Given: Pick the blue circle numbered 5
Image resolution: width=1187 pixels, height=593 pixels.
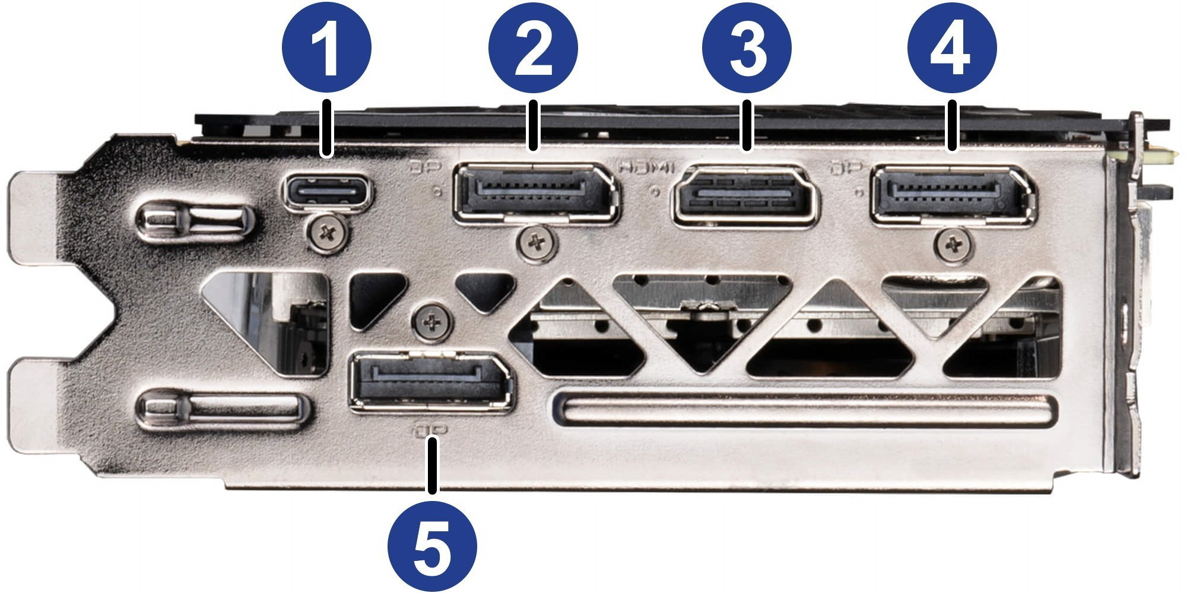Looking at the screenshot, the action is click(x=432, y=546).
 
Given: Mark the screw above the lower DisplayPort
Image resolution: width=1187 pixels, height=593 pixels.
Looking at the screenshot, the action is click(x=432, y=323).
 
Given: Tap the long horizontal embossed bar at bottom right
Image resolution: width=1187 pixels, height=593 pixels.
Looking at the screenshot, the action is click(x=805, y=410).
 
